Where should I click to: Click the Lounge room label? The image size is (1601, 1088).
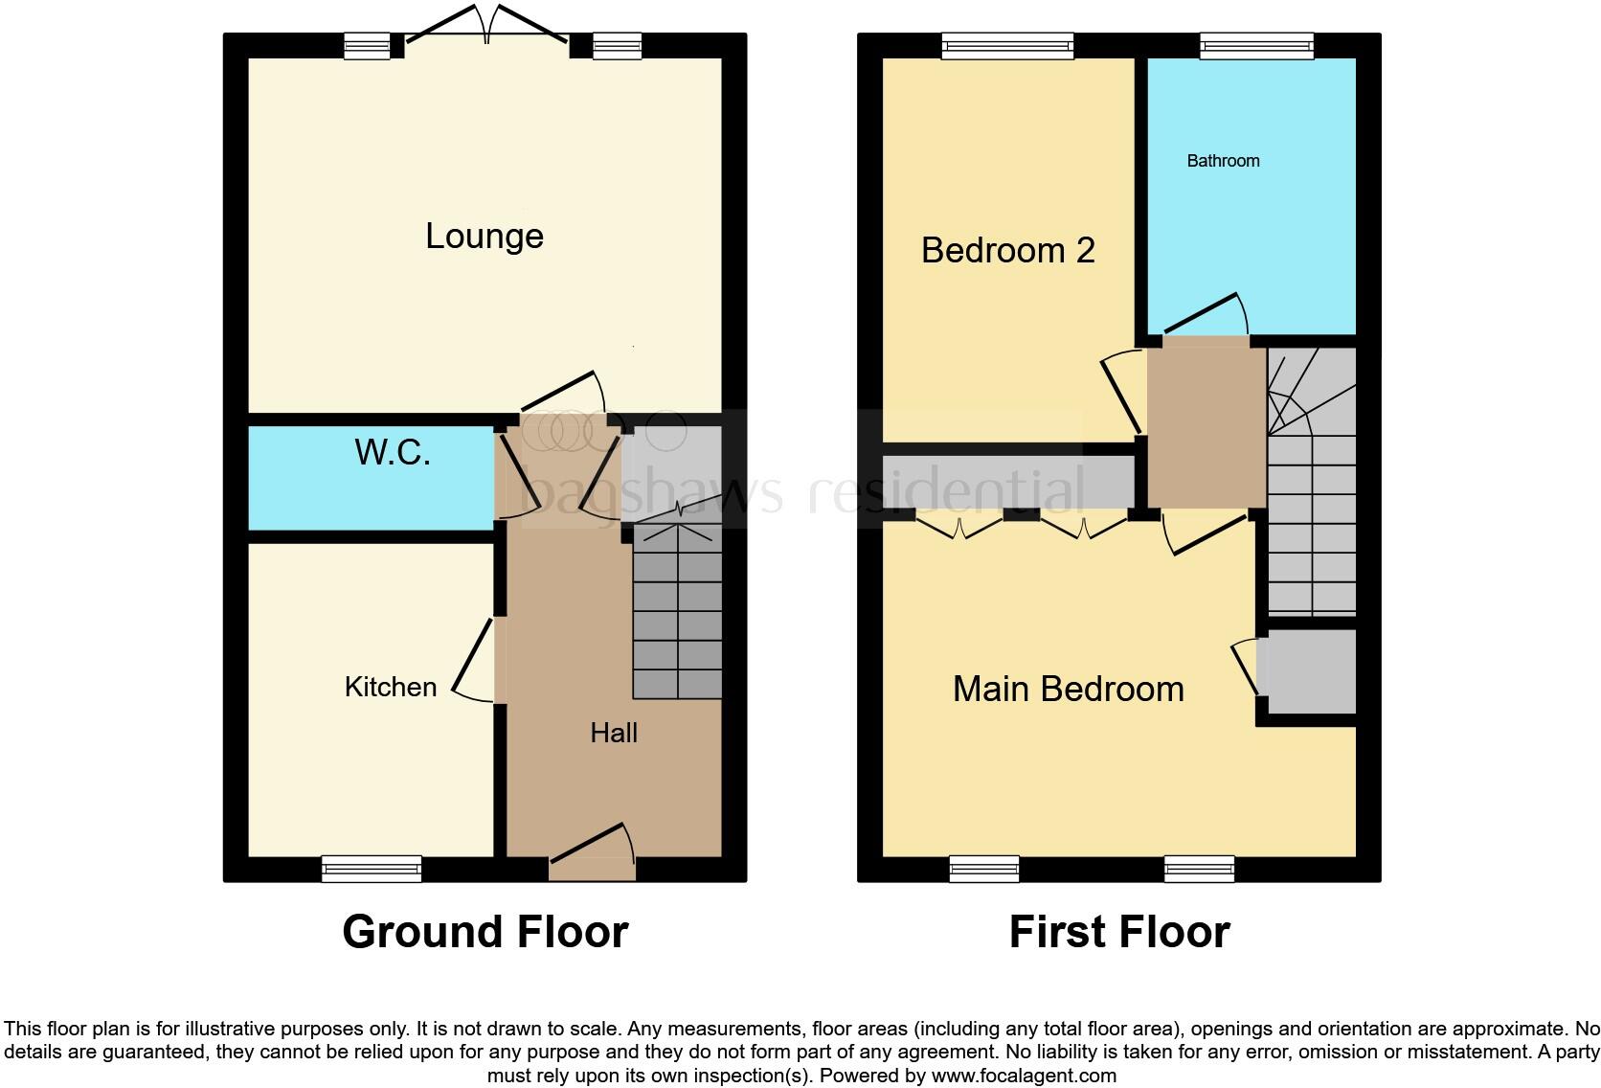click(x=485, y=237)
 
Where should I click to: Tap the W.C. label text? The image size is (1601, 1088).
click(x=393, y=452)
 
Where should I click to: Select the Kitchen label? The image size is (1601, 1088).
click(x=390, y=687)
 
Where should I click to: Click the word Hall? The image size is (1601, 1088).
click(x=614, y=734)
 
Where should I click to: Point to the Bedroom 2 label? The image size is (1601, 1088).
click(x=1007, y=251)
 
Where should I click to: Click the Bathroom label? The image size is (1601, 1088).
click(x=1223, y=161)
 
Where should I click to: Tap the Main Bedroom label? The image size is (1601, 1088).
click(x=1068, y=690)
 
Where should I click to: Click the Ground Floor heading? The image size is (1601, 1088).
click(x=485, y=932)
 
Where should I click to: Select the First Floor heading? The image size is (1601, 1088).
click(x=1118, y=932)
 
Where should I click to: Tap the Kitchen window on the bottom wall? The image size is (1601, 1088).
click(x=372, y=869)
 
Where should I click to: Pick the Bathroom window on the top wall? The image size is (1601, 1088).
click(x=1256, y=46)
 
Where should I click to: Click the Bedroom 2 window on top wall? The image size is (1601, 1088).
click(x=1007, y=46)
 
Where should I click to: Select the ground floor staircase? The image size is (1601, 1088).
click(x=677, y=613)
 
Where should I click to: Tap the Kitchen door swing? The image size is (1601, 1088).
click(x=473, y=661)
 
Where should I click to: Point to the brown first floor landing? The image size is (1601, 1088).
click(x=1206, y=426)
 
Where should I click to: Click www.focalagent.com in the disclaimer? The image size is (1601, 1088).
click(x=1024, y=1076)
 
